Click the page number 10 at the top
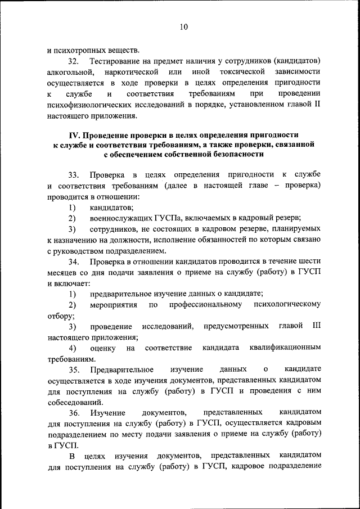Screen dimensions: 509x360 coord(184,26)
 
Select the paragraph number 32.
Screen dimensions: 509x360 coord(74,61)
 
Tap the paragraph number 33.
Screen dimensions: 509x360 coord(74,175)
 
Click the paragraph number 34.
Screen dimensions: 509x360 coord(74,262)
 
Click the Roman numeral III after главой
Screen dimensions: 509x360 coord(316,326)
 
